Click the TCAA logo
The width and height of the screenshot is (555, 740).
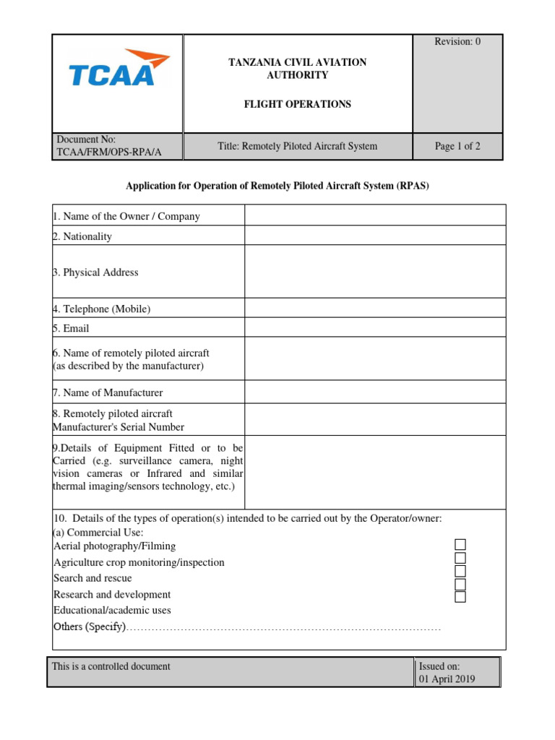pyautogui.click(x=119, y=69)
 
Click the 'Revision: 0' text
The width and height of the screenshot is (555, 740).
pyautogui.click(x=457, y=42)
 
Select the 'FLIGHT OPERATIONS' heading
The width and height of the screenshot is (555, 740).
pyautogui.click(x=297, y=104)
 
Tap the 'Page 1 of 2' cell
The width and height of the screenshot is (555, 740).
pyautogui.click(x=457, y=147)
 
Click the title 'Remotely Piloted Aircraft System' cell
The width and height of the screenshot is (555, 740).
pyautogui.click(x=297, y=147)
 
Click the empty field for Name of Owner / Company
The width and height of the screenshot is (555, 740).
pyautogui.click(x=375, y=215)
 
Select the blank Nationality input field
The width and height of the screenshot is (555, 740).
pyautogui.click(x=375, y=236)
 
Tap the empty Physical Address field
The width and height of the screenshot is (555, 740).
pyautogui.click(x=375, y=272)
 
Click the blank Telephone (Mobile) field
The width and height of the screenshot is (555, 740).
pyautogui.click(x=375, y=309)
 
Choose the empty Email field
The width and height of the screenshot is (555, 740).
pyautogui.click(x=375, y=328)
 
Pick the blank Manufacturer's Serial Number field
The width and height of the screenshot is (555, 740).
pyautogui.click(x=375, y=420)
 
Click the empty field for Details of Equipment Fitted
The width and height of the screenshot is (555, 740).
pyautogui.click(x=375, y=472)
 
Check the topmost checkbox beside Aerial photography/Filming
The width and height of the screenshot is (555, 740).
pyautogui.click(x=460, y=545)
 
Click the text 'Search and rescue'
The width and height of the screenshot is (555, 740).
pyautogui.click(x=92, y=578)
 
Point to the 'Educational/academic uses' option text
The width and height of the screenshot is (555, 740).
pyautogui.click(x=112, y=611)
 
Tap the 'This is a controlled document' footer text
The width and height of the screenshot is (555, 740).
pyautogui.click(x=111, y=666)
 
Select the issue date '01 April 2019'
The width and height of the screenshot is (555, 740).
pyautogui.click(x=447, y=679)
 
